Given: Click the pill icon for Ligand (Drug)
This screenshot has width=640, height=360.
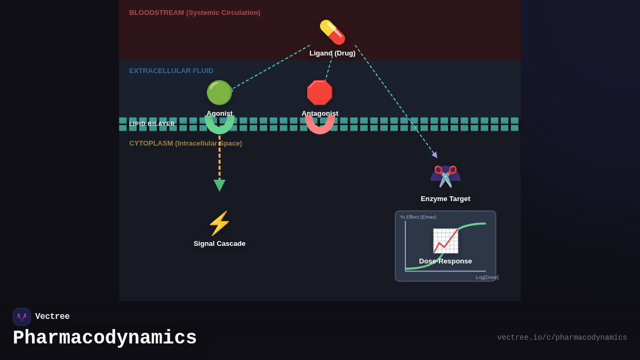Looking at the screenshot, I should click(332, 32).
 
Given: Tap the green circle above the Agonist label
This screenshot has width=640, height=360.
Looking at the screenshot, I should click(219, 93).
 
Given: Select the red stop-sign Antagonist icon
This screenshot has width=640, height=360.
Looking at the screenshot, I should click(319, 93).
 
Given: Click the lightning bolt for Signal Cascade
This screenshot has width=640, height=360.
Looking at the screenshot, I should click(219, 223).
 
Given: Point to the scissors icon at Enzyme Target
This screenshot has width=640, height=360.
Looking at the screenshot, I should click(445, 176).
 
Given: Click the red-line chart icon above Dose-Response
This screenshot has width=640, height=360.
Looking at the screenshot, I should click(445, 241).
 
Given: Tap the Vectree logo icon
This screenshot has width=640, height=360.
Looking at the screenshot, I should click(22, 317).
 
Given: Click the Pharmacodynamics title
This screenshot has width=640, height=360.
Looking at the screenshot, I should click(105, 338).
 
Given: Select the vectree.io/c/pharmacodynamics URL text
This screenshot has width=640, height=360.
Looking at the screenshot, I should click(562, 338).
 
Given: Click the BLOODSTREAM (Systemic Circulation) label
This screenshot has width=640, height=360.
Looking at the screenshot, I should click(195, 13).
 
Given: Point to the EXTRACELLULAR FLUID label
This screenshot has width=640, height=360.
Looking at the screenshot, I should click(171, 71).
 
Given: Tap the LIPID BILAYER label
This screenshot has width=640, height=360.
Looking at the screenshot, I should click(152, 124).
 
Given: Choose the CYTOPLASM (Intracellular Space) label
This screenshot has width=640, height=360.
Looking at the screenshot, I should click(186, 143).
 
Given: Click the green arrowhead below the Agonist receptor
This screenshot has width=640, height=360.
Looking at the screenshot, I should click(219, 185).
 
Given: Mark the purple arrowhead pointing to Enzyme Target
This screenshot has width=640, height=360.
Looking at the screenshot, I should click(435, 155).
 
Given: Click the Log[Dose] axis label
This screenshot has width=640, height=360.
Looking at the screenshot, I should click(487, 277).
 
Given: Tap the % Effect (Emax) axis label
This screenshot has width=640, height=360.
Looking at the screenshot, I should click(419, 217).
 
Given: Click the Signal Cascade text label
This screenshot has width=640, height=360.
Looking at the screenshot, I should click(219, 244).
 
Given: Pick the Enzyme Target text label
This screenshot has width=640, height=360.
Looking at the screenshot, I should click(445, 199).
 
